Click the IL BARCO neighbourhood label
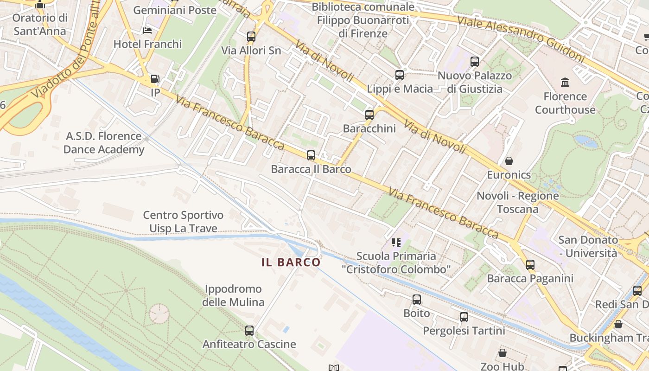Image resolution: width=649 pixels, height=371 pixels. click(x=291, y=262)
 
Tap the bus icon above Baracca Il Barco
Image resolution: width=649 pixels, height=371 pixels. click(x=311, y=155)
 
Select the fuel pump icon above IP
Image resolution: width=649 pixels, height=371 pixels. click(x=155, y=79)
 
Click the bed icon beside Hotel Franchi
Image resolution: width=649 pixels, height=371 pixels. click(x=147, y=31)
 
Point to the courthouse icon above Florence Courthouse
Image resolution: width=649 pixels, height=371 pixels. click(x=565, y=83)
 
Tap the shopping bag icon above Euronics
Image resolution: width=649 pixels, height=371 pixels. click(x=509, y=161)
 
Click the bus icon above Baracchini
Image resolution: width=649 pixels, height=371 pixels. click(x=369, y=115)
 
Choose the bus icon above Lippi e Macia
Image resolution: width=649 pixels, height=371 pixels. click(x=400, y=75)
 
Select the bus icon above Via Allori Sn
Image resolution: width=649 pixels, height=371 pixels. click(x=251, y=37)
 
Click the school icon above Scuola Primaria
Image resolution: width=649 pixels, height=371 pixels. click(x=396, y=242)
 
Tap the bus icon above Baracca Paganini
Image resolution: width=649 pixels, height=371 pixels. click(x=530, y=265)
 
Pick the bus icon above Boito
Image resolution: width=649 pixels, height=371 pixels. click(x=417, y=300)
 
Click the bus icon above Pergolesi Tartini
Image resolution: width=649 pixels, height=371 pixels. click(x=464, y=317)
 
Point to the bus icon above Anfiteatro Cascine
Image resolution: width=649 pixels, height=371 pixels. click(x=249, y=331)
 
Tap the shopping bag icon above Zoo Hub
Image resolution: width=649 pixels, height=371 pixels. click(x=503, y=353)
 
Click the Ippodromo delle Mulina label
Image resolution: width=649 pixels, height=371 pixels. click(x=233, y=295)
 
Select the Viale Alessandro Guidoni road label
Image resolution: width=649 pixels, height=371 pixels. click(x=521, y=40)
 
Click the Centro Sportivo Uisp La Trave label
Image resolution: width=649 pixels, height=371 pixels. click(x=183, y=222)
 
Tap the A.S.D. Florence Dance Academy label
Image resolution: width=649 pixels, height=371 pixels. click(x=104, y=143)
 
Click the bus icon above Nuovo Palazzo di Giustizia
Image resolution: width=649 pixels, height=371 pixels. click(x=475, y=62)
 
